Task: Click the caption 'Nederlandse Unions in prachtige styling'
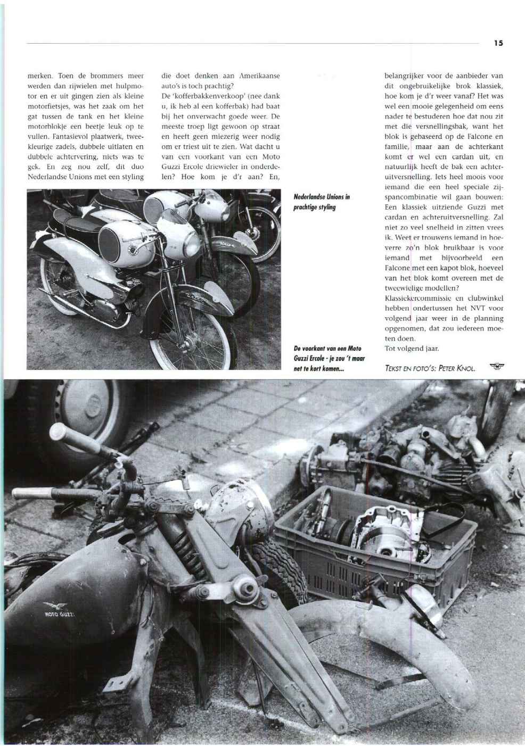click(x=321, y=202)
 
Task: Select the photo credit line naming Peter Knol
click(x=429, y=368)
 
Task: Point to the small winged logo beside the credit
click(x=498, y=366)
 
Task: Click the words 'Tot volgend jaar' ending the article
click(x=411, y=349)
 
